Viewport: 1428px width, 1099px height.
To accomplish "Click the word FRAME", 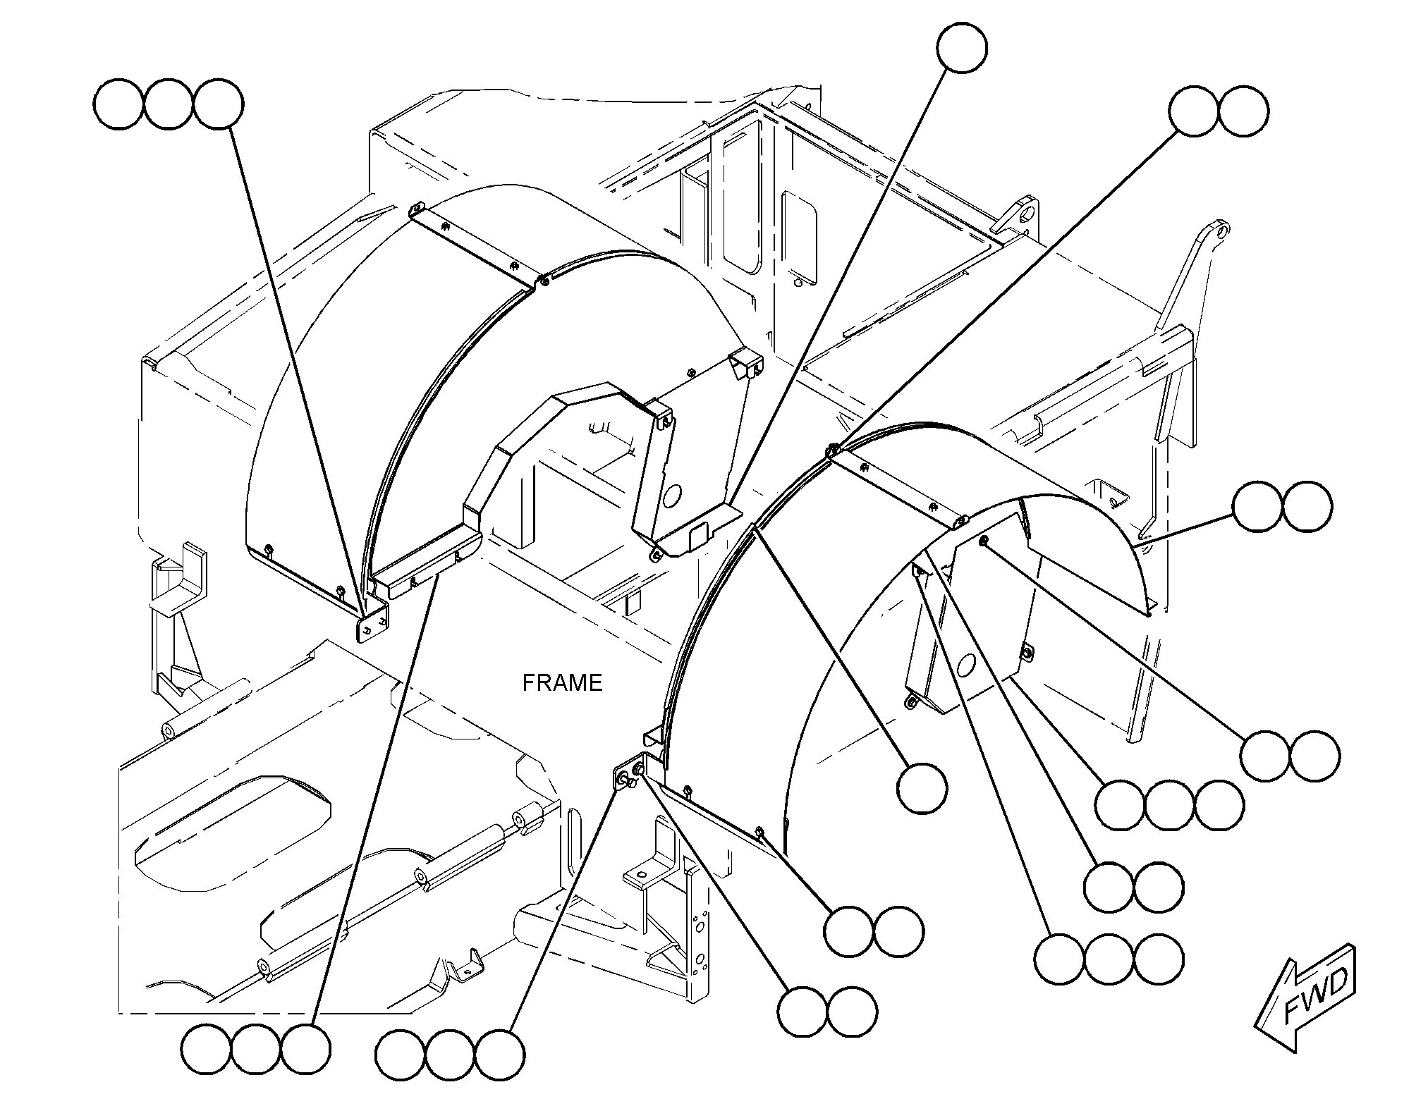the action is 562,682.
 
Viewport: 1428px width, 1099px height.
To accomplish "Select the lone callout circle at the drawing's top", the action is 962,47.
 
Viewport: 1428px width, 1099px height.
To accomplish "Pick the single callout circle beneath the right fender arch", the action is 922,788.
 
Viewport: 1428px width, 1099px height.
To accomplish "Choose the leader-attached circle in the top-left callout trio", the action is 219,105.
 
